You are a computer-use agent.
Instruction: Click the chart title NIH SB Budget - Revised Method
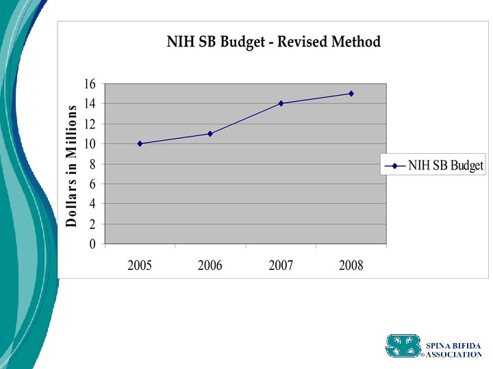point(273,42)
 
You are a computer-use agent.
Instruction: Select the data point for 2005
point(140,143)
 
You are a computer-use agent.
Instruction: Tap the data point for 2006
point(210,133)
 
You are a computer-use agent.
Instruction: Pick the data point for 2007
point(281,103)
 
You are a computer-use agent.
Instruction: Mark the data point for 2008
point(351,94)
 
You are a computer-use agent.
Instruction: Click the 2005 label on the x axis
point(140,266)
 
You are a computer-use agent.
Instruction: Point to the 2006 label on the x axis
point(210,266)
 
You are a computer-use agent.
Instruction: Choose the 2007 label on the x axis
point(281,266)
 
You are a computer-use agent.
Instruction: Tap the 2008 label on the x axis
point(351,266)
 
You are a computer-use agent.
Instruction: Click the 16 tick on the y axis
point(90,84)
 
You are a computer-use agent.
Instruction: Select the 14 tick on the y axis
point(90,104)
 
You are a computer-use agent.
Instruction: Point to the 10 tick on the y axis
point(90,144)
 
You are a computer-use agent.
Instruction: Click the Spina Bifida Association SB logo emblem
point(403,346)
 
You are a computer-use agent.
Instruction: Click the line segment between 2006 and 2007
point(245,118)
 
